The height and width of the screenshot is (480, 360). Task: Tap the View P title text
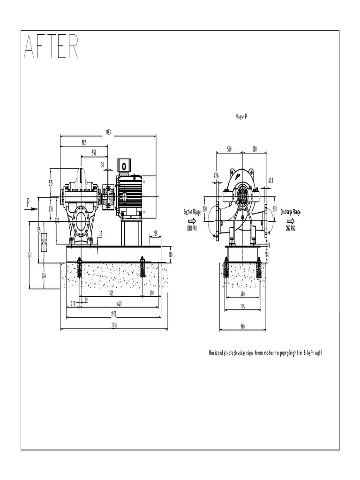(x=241, y=117)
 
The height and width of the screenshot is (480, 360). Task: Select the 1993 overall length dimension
(x=108, y=133)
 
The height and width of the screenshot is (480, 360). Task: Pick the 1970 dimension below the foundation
(x=113, y=314)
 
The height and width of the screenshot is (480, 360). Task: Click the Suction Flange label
(x=192, y=212)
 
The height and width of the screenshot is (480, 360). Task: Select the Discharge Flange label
(x=291, y=212)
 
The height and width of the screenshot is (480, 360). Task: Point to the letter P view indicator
(x=28, y=202)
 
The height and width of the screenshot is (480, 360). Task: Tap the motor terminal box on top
(x=124, y=165)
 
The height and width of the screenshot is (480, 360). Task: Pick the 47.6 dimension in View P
(x=216, y=176)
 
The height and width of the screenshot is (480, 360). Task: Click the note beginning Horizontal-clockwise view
(x=265, y=352)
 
